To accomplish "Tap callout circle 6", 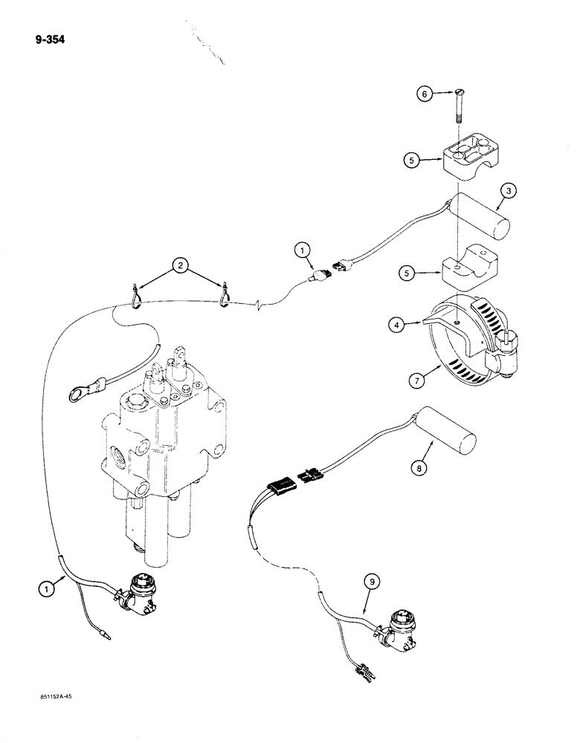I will [422, 94].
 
